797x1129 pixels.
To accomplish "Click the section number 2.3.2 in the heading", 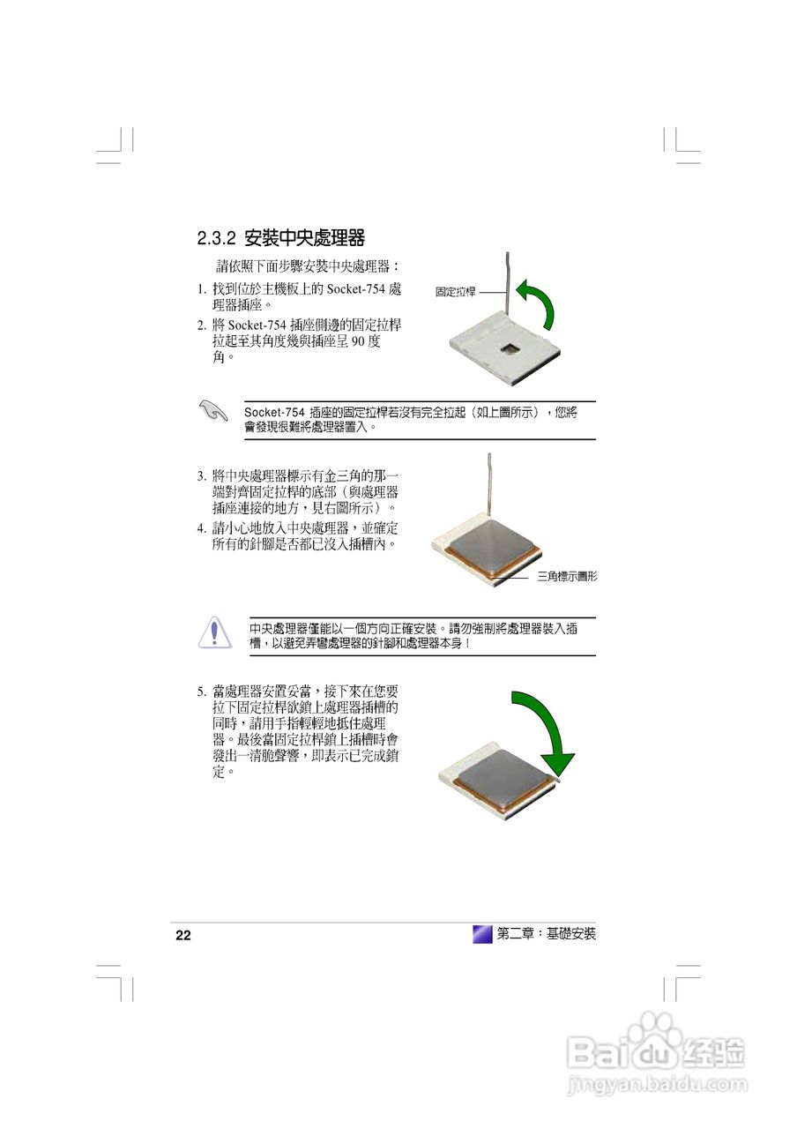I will pyautogui.click(x=216, y=238).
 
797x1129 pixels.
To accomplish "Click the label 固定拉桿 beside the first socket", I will pyautogui.click(x=455, y=292).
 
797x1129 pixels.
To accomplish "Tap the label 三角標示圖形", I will pyautogui.click(x=567, y=577).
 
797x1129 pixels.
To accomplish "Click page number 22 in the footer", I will pyautogui.click(x=183, y=936).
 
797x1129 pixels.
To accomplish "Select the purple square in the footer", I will pyautogui.click(x=482, y=934).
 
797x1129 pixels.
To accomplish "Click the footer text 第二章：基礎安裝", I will pyautogui.click(x=547, y=934).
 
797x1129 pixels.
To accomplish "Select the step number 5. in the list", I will pyautogui.click(x=202, y=691).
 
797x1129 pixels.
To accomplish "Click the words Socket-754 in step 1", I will pyautogui.click(x=355, y=289).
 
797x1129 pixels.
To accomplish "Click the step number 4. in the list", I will pyautogui.click(x=202, y=528).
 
